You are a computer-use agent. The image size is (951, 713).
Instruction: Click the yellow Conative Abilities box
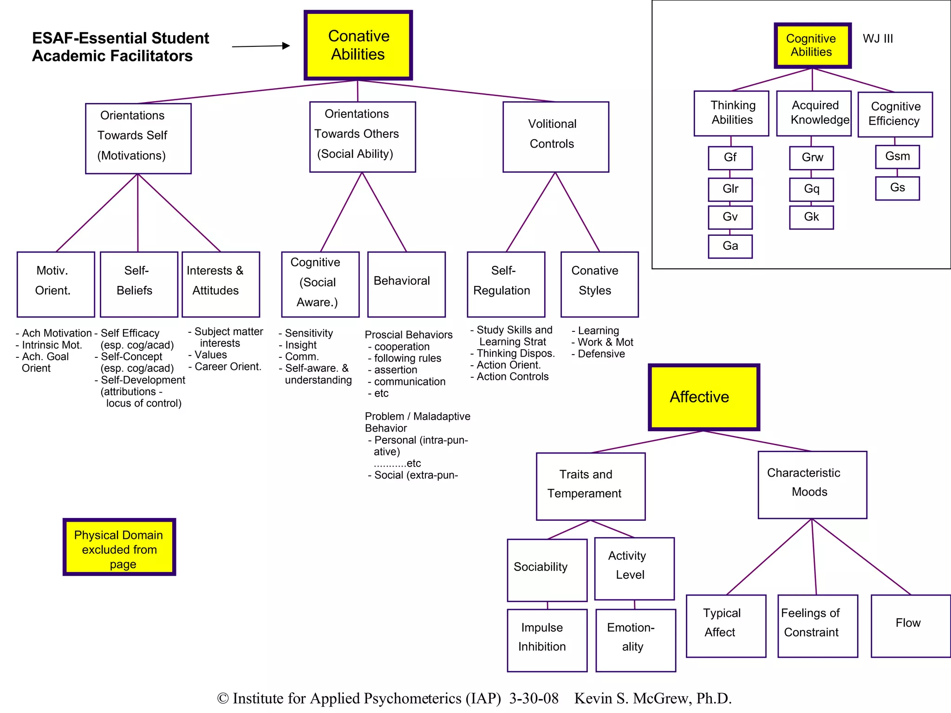coord(358,45)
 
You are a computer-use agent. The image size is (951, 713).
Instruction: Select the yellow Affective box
coord(703,397)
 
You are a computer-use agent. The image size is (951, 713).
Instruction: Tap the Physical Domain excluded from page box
coord(119,547)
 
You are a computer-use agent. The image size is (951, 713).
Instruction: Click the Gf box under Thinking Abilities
coord(730,158)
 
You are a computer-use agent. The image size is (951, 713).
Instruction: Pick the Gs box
coord(897,188)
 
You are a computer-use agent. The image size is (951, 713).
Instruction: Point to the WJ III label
coord(878,39)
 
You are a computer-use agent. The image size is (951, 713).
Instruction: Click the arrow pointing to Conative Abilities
coord(261,46)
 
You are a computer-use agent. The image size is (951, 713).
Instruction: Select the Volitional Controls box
coord(555,137)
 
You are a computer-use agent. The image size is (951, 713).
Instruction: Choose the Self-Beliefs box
coord(139,284)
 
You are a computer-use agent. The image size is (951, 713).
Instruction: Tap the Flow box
coord(910,625)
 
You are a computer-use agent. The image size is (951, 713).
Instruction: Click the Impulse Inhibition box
coord(547,640)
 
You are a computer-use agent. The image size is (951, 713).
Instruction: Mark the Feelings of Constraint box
coord(817,625)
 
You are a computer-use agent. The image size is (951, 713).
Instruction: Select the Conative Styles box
coord(599,284)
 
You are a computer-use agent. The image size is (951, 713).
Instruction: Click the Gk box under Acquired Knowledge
coord(811,217)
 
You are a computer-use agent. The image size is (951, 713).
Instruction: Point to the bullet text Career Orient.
coord(228,367)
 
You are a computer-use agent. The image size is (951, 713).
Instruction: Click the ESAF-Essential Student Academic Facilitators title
coord(120,47)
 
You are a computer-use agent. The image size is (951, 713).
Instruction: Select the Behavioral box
coord(406,284)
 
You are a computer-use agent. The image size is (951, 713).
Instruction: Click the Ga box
coord(730,246)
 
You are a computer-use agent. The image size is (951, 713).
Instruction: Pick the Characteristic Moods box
coord(812,485)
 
